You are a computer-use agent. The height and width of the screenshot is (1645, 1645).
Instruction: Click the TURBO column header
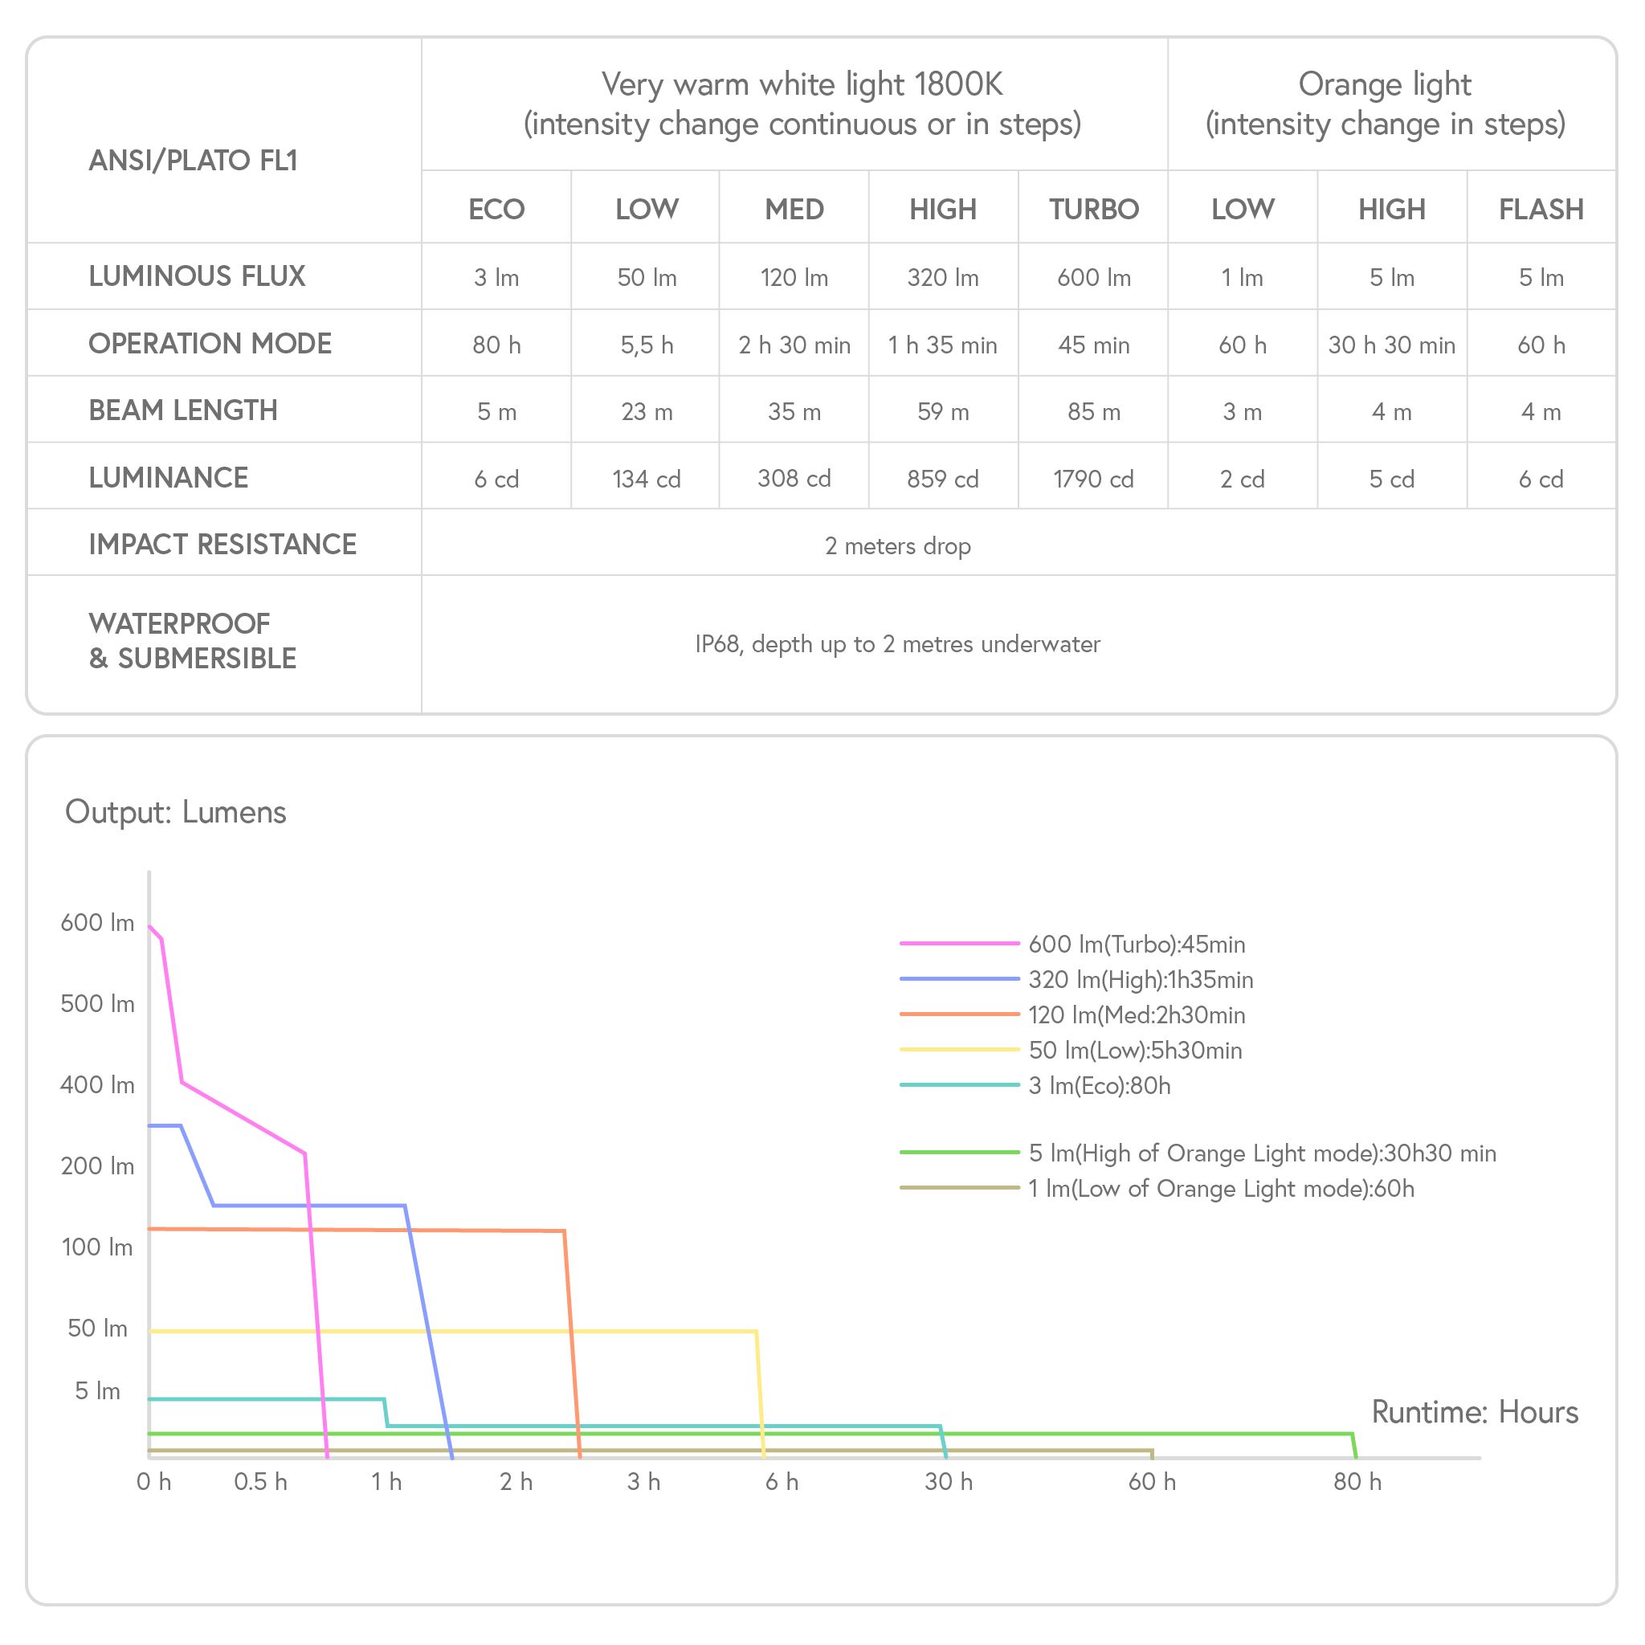tap(1093, 210)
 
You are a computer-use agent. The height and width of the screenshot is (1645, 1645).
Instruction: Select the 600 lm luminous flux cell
tap(1093, 278)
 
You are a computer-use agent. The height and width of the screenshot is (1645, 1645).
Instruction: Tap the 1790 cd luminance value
tap(1093, 480)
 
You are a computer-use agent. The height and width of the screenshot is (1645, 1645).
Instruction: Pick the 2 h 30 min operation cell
tap(794, 345)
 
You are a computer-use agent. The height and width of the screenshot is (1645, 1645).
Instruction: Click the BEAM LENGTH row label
tap(183, 410)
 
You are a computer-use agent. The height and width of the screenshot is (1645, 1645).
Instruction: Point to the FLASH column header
tap(1541, 210)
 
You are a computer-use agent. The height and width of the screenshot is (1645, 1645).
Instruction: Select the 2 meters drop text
tap(897, 545)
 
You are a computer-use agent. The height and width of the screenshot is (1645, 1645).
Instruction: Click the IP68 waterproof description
tap(897, 644)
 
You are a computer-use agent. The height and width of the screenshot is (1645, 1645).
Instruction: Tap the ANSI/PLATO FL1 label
tap(194, 160)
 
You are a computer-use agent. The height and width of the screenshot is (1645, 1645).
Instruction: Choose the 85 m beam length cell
tap(1093, 412)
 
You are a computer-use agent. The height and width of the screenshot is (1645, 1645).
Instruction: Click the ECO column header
tap(496, 210)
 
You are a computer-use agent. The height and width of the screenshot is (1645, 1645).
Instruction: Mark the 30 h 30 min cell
tap(1391, 345)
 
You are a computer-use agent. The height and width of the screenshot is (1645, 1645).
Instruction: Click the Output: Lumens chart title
tap(175, 812)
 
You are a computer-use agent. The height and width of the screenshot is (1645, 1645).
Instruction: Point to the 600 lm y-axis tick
tap(97, 923)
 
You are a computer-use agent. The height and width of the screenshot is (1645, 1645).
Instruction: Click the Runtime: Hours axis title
tap(1475, 1413)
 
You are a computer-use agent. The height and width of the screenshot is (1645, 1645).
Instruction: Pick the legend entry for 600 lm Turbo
tap(1136, 945)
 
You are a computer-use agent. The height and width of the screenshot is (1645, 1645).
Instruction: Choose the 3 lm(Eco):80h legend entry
tap(1098, 1086)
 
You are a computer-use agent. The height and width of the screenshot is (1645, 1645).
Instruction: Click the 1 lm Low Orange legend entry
tap(1220, 1189)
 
